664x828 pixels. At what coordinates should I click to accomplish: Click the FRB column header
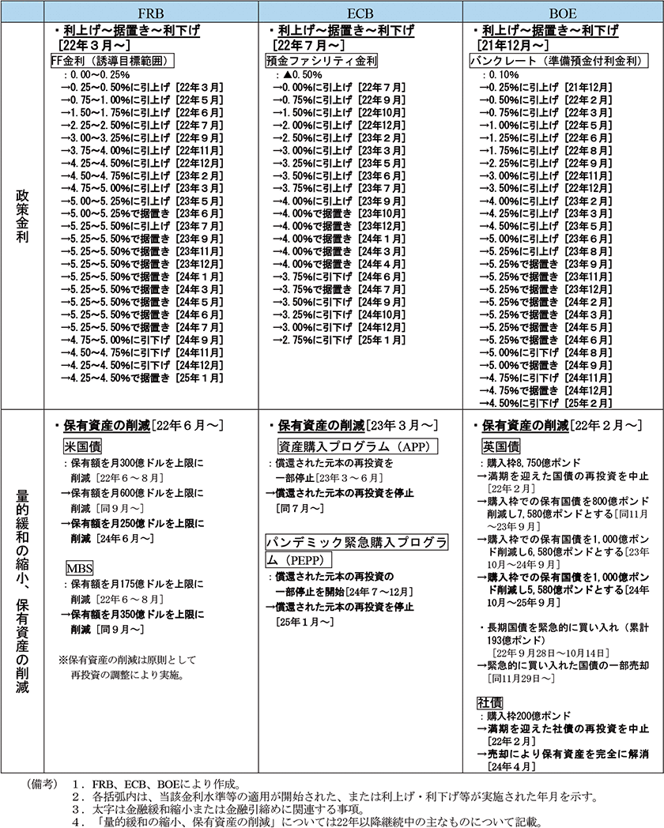[152, 13]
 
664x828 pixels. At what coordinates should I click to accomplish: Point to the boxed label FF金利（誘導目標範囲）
[111, 61]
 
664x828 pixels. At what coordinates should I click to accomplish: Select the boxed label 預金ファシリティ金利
[320, 61]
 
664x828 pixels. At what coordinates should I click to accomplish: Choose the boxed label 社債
[490, 702]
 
